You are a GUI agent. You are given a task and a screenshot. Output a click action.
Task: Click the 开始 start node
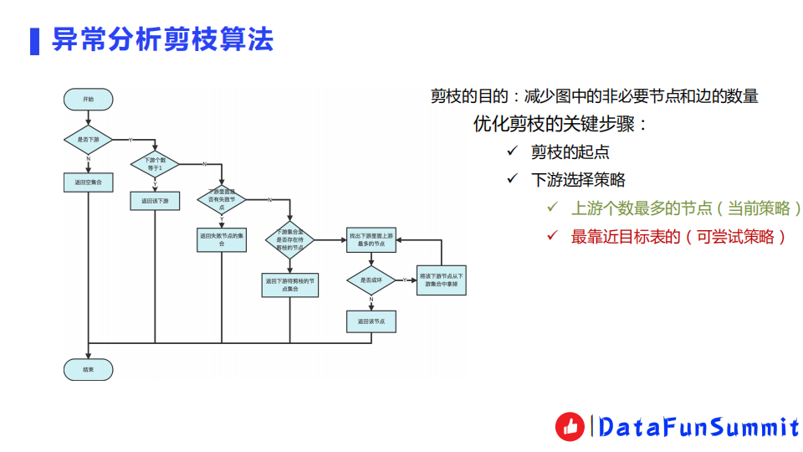coord(88,99)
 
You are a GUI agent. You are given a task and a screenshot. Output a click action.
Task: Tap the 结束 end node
coord(88,369)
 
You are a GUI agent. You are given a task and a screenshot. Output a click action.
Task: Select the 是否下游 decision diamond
coord(88,139)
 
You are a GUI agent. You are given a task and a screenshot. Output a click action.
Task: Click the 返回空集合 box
coord(88,182)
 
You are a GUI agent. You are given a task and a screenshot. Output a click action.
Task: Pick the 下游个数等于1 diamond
coord(155,164)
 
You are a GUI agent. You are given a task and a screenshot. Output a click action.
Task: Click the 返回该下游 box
coord(155,201)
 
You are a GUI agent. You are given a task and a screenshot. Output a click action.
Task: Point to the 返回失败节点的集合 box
coord(222,240)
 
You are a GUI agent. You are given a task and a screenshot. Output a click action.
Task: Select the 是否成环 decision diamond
coord(371,280)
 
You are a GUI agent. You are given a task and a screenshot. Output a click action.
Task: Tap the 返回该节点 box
coord(371,321)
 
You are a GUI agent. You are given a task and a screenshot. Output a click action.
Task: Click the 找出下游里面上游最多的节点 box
coord(371,240)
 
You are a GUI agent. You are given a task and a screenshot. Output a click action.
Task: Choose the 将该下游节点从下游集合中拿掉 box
coord(442,280)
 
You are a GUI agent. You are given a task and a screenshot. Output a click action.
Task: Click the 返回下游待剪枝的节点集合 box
coord(289,285)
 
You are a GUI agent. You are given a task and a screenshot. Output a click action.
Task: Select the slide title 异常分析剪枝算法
coord(162,39)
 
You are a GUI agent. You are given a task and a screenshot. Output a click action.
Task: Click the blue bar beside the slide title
coord(34,40)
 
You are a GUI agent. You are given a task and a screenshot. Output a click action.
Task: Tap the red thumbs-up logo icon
coord(570,427)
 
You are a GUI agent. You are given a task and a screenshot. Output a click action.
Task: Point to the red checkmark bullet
coord(552,236)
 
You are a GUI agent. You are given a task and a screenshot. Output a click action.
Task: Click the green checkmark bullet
coord(552,208)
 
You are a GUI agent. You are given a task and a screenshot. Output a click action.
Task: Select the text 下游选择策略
coord(578,180)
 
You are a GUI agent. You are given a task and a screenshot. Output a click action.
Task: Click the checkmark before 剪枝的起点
coord(513,152)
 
